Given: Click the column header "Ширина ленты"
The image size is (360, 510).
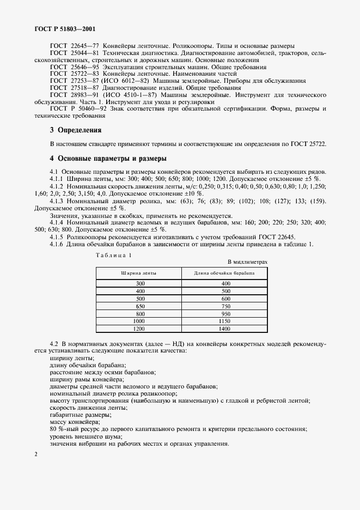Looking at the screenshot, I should [x=138, y=272].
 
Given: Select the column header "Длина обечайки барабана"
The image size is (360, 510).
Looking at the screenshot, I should [x=223, y=272].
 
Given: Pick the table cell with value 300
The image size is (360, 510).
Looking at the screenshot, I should [x=141, y=283].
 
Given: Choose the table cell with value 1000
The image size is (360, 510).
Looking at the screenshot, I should [x=141, y=321].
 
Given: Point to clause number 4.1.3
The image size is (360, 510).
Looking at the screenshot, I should [x=58, y=202].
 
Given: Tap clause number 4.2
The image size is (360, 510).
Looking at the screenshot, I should [x=54, y=344].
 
